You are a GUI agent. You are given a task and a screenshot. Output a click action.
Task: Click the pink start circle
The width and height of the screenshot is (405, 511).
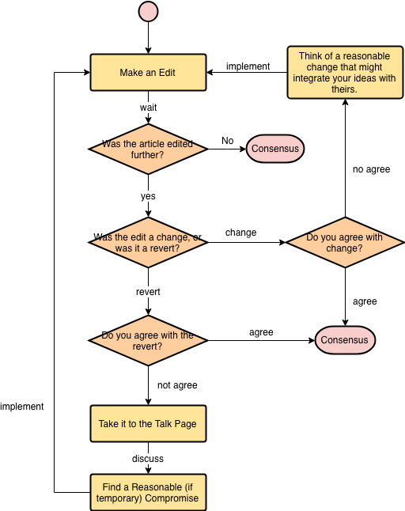tap(148, 11)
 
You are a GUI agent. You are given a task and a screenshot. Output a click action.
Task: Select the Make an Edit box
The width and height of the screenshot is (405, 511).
tap(148, 72)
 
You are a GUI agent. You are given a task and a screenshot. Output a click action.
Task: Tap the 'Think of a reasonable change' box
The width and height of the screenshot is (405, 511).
tap(345, 72)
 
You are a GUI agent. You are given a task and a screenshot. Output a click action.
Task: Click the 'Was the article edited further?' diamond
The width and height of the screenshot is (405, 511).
tap(148, 149)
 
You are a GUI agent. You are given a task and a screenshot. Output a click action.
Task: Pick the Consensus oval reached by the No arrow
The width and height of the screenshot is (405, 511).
tap(275, 149)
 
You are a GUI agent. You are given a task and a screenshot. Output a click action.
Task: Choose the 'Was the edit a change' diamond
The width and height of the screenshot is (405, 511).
tap(148, 243)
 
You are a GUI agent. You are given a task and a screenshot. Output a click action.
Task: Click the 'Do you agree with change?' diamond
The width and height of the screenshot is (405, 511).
tap(345, 243)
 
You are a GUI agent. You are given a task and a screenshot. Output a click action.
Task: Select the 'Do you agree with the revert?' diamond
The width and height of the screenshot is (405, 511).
tap(148, 341)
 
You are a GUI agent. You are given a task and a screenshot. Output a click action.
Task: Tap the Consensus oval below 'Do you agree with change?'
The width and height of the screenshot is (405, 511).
tap(345, 340)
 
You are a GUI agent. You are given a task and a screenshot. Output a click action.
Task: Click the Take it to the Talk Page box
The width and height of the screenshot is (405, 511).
tap(148, 424)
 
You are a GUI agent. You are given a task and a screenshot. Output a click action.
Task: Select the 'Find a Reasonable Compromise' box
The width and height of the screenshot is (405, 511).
tap(148, 493)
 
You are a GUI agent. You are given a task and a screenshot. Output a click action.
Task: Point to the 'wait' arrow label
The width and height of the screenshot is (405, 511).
tap(148, 108)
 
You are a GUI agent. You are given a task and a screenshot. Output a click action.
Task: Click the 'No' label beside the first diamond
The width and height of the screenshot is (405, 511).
tap(228, 141)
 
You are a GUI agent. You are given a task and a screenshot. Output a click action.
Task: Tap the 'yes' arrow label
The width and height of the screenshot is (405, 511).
tap(148, 196)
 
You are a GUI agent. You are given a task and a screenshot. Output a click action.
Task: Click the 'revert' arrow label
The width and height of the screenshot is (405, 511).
tap(148, 292)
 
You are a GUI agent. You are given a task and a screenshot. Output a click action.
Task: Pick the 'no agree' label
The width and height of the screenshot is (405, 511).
tap(372, 169)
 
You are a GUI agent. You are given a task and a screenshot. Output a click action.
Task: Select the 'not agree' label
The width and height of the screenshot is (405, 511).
tap(177, 385)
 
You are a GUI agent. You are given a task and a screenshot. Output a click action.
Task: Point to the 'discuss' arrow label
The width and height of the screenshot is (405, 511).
tap(148, 459)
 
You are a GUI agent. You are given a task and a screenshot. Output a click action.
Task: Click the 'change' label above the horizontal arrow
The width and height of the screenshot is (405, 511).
tap(240, 233)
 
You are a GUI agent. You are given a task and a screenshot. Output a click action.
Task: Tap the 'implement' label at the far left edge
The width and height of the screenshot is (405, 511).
tap(22, 407)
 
